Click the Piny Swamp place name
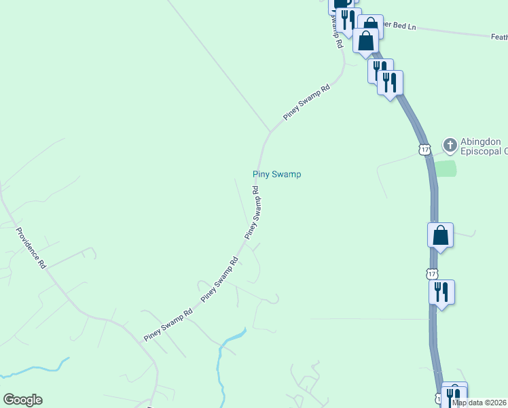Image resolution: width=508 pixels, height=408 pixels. click(x=276, y=174)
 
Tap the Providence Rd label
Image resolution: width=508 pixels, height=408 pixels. click(x=31, y=248)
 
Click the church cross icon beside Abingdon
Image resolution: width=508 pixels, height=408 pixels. click(x=450, y=145)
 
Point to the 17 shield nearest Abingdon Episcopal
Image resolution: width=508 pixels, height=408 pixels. click(x=425, y=149)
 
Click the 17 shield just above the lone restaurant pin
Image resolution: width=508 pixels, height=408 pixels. click(x=432, y=273)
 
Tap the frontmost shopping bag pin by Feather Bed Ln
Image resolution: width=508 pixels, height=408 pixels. click(x=366, y=41)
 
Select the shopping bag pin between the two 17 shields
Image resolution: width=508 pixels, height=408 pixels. click(x=441, y=236)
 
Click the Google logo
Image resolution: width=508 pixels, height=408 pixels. click(x=22, y=400)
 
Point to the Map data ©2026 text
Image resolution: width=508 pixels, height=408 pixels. click(x=479, y=403)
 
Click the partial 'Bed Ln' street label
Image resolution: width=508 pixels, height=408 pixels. click(x=401, y=26)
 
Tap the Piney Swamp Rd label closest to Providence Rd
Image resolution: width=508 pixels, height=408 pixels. click(x=168, y=325)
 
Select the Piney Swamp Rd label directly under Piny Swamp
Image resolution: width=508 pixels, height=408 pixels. click(x=253, y=214)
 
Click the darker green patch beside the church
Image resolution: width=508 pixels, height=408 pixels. click(x=445, y=169)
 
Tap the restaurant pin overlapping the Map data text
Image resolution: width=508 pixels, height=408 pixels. click(x=454, y=396)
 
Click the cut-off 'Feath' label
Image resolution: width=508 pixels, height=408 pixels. click(x=498, y=37)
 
